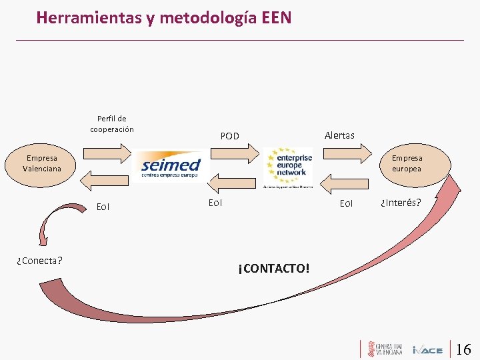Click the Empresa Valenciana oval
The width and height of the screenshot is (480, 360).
tap(42, 163)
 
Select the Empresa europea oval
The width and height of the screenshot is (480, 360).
tap(407, 163)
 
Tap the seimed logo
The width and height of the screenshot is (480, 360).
tap(171, 165)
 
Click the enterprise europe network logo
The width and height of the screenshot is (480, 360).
tap(288, 165)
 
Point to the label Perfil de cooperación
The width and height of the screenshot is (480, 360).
tap(112, 124)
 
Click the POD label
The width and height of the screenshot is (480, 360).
tap(229, 136)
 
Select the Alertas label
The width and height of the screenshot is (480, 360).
tap(339, 135)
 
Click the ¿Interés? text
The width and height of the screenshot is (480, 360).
tap(400, 202)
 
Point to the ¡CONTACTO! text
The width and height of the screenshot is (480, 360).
tap(273, 269)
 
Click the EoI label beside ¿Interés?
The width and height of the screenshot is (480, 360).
tap(346, 203)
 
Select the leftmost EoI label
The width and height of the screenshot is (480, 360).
tap(103, 207)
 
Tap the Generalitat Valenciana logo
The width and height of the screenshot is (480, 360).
tap(384, 349)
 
